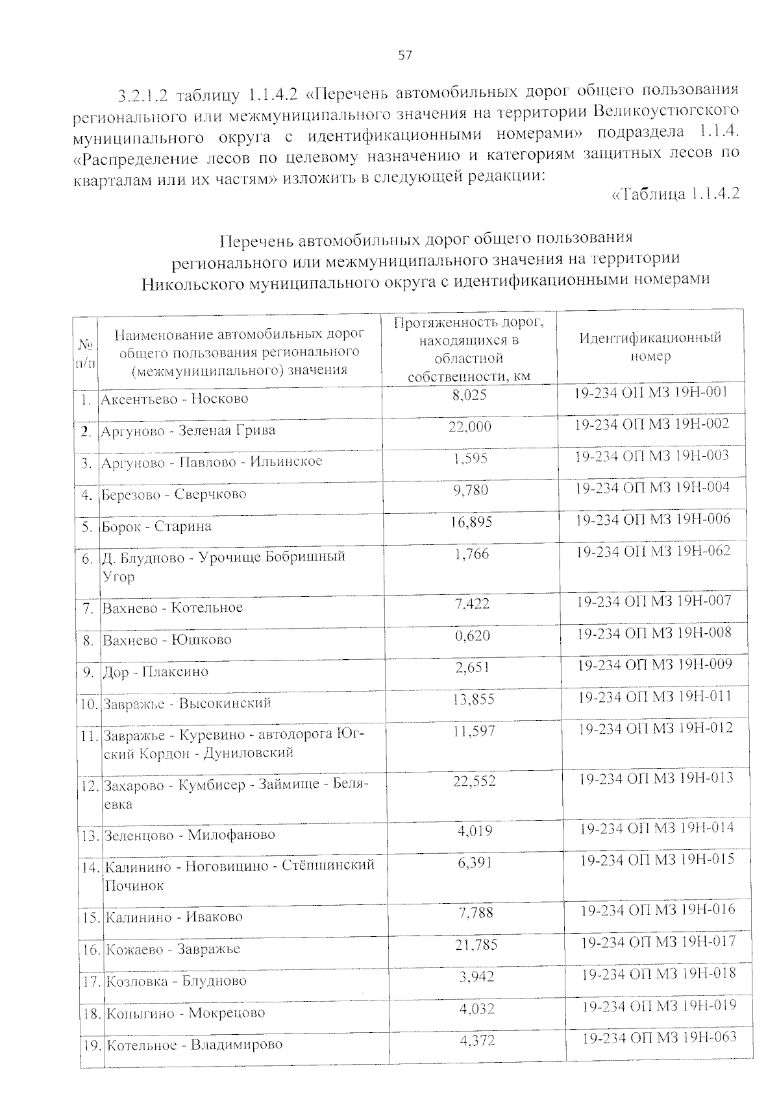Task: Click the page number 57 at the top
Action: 404,56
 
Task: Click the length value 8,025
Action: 469,394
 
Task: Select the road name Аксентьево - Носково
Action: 174,398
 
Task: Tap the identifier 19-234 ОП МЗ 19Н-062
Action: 653,551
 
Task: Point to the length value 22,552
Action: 474,781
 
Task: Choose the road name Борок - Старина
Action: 156,526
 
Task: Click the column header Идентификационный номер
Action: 650,347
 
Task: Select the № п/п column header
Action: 86,354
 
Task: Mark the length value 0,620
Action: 472,636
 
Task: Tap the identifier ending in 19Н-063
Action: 659,1037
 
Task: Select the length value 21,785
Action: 476,945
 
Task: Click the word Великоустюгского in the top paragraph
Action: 665,110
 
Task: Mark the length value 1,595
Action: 470,458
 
